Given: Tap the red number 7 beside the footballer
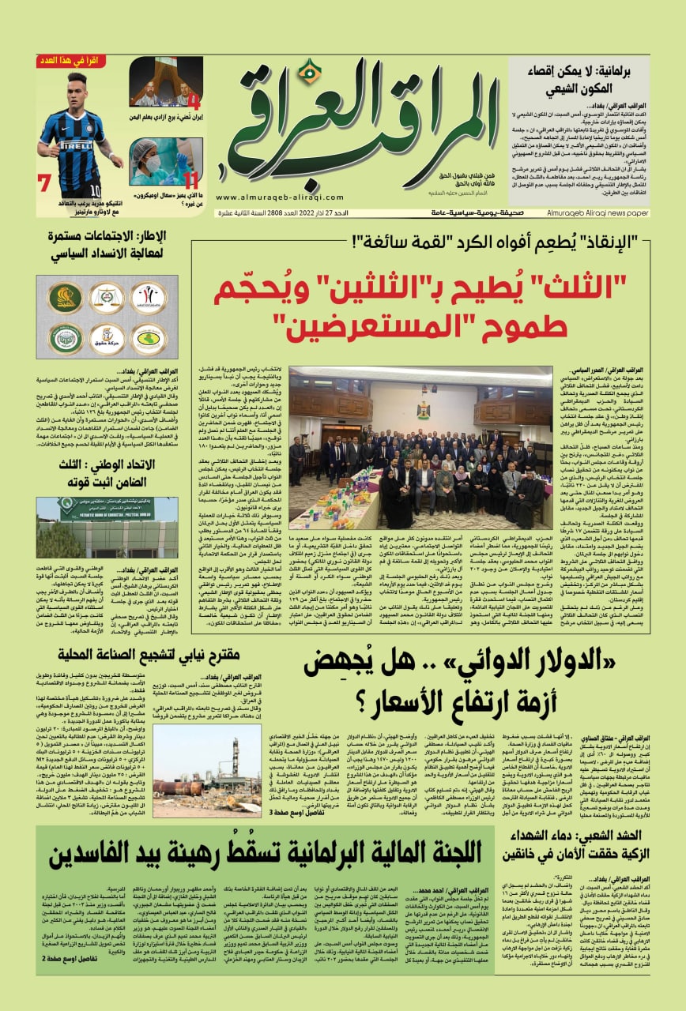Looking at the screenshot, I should click(45, 183).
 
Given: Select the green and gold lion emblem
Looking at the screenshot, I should click(64, 298).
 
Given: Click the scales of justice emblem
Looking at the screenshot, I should click(106, 298).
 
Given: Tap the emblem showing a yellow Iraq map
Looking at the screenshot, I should click(148, 339).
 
